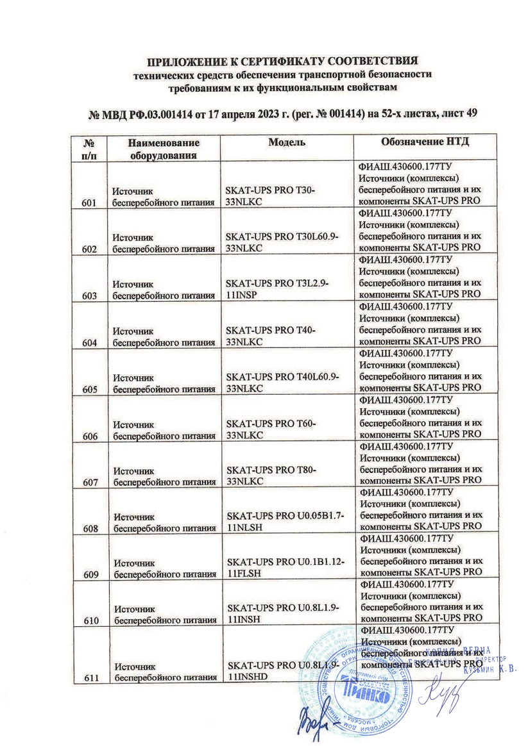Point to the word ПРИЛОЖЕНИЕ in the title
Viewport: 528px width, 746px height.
click(x=188, y=63)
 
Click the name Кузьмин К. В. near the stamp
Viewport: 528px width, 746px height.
click(x=491, y=668)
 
